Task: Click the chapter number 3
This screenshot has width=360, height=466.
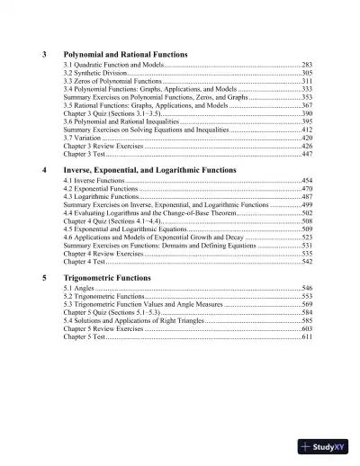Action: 45,54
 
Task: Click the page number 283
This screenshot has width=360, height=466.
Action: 307,66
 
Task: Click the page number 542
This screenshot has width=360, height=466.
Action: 307,261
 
